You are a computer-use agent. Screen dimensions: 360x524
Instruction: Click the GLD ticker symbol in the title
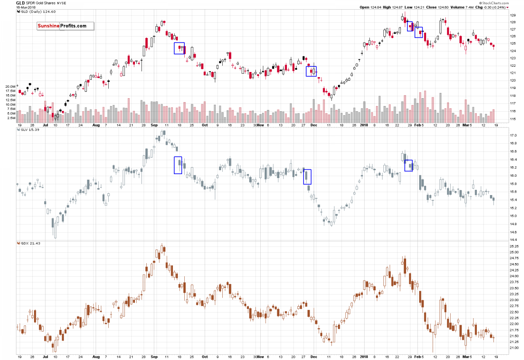point(21,3)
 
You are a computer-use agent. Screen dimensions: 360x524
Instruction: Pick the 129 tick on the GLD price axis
point(513,15)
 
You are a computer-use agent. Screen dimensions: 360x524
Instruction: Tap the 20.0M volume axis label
point(10,86)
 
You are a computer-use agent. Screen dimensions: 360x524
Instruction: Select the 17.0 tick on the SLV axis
point(514,136)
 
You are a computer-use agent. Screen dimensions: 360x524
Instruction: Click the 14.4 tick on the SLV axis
point(514,240)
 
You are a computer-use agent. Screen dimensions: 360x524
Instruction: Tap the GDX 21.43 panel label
point(28,243)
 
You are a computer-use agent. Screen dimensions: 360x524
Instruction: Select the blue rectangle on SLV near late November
point(307,177)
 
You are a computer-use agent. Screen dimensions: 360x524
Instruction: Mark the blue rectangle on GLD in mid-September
point(179,48)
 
